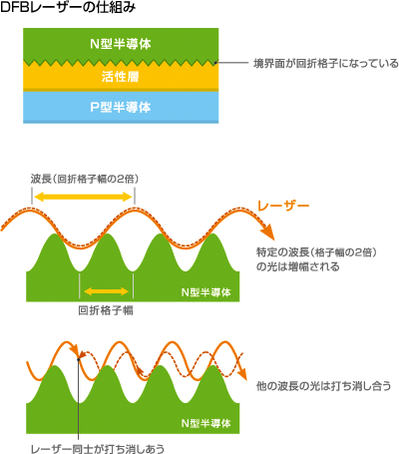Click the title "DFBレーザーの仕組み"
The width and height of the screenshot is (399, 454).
tap(68, 8)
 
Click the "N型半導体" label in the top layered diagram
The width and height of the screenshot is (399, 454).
tap(121, 44)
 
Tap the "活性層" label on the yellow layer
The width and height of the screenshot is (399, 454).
tap(121, 77)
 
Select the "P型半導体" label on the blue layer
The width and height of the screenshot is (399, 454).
tap(121, 107)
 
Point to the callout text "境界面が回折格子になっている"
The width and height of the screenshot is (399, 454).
tap(326, 63)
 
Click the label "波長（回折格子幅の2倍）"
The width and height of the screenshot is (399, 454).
tap(85, 179)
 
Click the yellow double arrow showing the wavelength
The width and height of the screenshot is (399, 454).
tap(83, 197)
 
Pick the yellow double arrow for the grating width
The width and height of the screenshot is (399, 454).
tap(106, 291)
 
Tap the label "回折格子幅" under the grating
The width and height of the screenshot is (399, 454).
tap(106, 310)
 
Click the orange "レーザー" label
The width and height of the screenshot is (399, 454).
tap(283, 206)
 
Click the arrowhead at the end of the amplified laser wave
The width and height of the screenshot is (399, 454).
tap(268, 230)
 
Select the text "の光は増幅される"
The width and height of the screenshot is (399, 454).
tap(298, 266)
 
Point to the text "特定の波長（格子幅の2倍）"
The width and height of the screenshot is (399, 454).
tap(316, 252)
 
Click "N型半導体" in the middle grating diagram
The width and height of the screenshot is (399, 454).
tap(206, 292)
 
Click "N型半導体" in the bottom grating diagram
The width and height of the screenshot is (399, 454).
tap(206, 423)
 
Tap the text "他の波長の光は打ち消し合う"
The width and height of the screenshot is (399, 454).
tap(323, 386)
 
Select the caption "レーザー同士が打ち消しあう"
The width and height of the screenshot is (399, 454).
tap(98, 449)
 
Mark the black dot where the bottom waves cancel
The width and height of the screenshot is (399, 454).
tap(79, 359)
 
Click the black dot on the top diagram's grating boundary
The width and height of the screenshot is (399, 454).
tap(215, 62)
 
